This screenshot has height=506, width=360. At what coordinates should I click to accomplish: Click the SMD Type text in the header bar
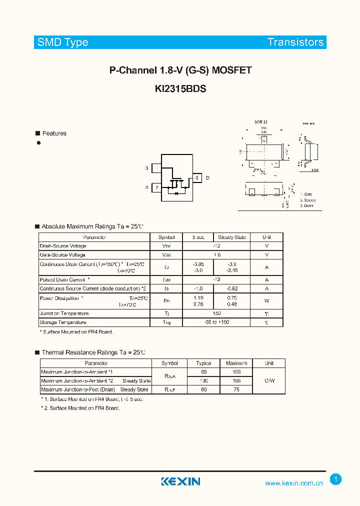62,42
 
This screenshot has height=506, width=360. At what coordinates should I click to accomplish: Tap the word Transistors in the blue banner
295,42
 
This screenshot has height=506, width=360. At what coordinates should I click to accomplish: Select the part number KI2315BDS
180,88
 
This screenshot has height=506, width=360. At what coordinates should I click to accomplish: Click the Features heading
54,133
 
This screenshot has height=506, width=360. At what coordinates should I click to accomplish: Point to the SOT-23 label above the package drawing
260,122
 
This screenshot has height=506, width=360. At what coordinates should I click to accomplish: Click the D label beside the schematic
207,178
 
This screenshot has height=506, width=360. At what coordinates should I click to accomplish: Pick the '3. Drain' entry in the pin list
306,205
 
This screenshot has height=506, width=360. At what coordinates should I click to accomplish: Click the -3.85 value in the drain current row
198,264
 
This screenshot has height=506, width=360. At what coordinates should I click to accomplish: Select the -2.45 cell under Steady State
231,270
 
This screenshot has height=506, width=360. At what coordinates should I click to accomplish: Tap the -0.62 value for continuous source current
231,288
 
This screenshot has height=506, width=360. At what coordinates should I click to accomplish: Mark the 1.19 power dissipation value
198,298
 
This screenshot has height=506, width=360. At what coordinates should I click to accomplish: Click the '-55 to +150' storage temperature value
216,322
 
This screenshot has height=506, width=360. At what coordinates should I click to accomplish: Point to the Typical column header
203,363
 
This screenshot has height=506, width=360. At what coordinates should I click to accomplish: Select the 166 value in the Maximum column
236,380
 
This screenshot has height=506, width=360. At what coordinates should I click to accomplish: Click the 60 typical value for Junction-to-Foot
203,389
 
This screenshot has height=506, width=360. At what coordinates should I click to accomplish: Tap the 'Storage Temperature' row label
63,322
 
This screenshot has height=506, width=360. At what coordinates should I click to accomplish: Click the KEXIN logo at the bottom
180,481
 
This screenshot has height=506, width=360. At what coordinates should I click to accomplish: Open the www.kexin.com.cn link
293,483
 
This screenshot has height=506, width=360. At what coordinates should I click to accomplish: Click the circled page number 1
336,479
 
